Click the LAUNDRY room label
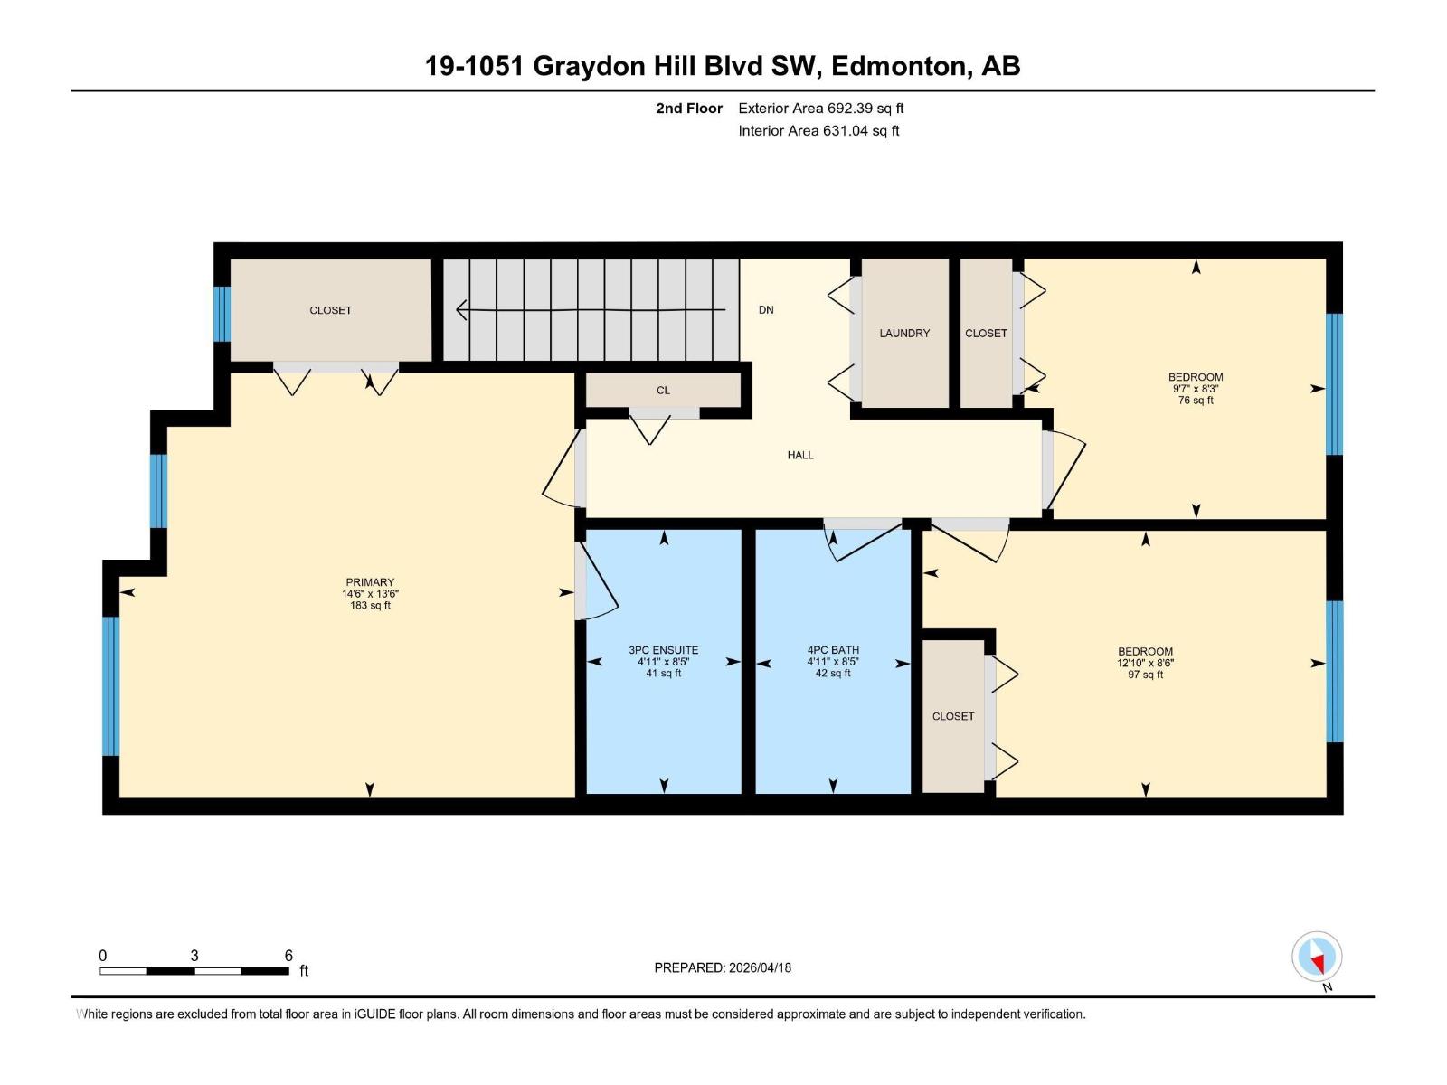pos(904,334)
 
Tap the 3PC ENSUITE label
pos(663,650)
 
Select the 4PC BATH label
pos(833,650)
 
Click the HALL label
pos(800,456)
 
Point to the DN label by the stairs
pos(766,310)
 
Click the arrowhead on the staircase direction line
pos(461,310)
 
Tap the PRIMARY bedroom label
pos(370,582)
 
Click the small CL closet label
pos(663,391)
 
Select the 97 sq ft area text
pos(1145,675)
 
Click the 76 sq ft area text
pos(1196,401)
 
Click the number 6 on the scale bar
pos(288,956)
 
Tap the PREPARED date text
pos(723,967)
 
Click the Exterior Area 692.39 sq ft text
pos(820,108)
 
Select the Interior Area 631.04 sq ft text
pos(818,131)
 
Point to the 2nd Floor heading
pos(689,108)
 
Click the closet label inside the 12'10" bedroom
pos(953,716)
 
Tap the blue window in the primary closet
pos(222,314)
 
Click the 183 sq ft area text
pos(370,606)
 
